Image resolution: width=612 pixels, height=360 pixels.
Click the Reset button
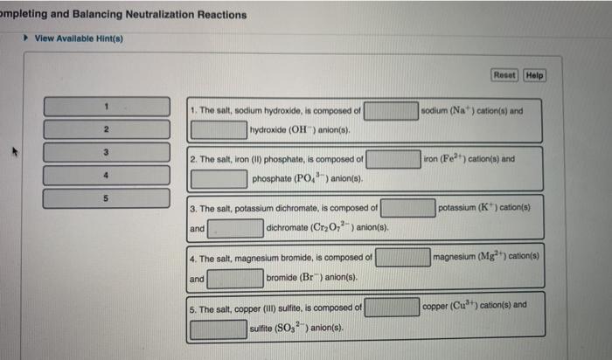(x=504, y=75)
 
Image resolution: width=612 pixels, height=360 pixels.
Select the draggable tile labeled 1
(x=106, y=106)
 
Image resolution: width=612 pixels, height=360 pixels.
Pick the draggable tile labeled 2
(x=106, y=129)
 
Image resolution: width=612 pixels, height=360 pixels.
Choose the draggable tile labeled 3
(x=106, y=152)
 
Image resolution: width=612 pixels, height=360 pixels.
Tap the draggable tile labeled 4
(x=106, y=175)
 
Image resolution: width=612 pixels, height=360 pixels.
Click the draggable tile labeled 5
(x=106, y=197)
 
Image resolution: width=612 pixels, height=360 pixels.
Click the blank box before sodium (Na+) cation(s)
(x=391, y=111)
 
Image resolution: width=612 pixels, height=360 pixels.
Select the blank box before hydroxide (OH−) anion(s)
(x=219, y=130)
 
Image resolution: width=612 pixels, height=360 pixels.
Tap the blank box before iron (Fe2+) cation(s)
(x=393, y=160)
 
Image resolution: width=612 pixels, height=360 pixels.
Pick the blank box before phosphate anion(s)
(x=219, y=179)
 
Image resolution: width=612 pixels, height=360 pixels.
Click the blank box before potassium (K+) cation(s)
(x=407, y=208)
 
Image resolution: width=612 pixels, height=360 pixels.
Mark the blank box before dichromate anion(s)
(x=235, y=228)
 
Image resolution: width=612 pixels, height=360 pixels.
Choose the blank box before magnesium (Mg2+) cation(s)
(x=403, y=257)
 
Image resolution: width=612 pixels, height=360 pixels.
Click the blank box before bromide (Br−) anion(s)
(x=235, y=277)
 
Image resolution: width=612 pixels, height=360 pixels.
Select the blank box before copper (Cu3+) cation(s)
(x=392, y=307)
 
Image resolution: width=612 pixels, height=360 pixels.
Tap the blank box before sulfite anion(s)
(x=219, y=329)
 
